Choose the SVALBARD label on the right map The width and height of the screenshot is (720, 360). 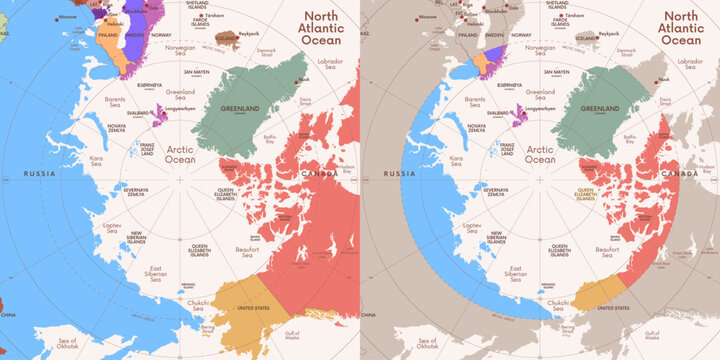coord(499,113)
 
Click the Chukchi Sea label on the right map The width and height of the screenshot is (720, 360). coord(556,303)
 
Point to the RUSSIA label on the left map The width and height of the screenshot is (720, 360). coord(40,174)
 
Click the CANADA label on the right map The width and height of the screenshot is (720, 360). coord(683,174)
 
